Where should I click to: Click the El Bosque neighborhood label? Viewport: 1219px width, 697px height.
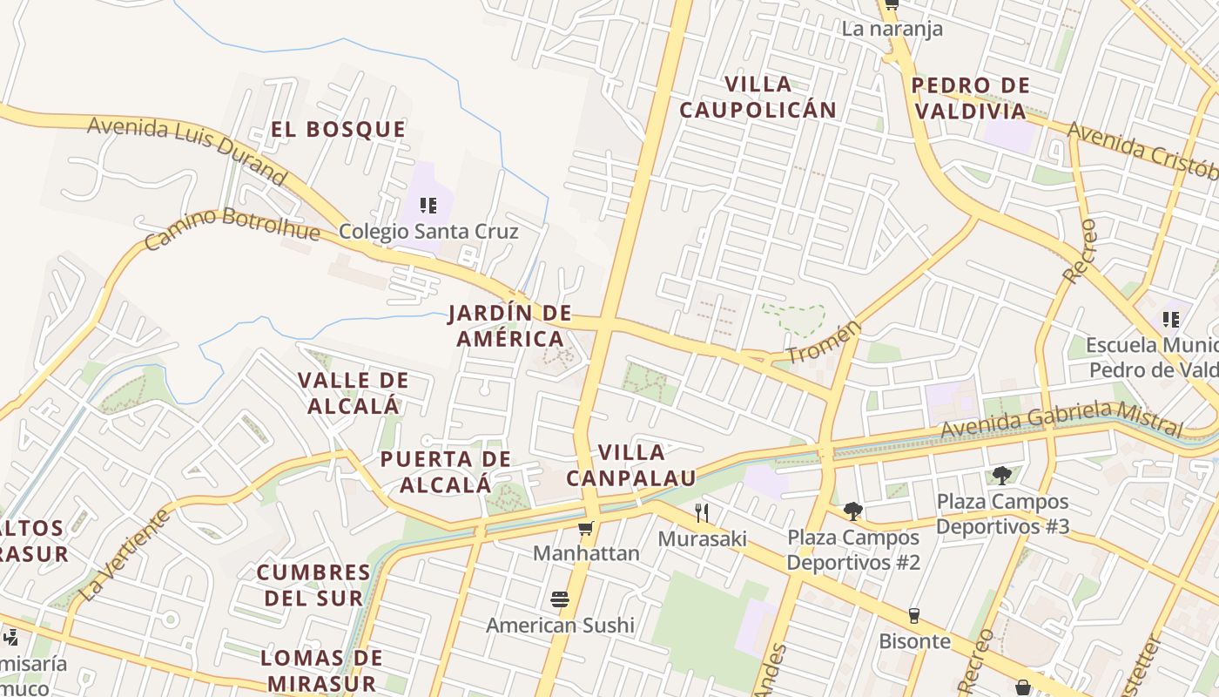coord(338,130)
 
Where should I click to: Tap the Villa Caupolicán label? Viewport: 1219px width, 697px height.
coord(758,97)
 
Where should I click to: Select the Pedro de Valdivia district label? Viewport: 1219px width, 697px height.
coord(970,98)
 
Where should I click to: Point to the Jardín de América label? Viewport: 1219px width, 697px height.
coord(510,326)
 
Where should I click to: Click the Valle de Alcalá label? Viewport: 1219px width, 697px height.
coord(353,393)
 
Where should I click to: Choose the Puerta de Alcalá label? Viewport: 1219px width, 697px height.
coord(445,471)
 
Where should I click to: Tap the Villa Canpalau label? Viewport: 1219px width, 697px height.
coord(631,465)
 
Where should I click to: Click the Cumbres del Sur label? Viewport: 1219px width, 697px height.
coord(313,585)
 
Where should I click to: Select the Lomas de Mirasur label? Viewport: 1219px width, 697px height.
coord(321,670)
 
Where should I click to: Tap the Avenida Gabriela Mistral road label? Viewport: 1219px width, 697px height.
coord(1061,419)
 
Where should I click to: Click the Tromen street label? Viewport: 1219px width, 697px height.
coord(823,342)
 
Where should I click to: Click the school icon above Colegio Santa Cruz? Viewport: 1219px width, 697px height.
coord(428,206)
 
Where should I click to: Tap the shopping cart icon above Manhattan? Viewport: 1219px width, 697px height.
coord(586,528)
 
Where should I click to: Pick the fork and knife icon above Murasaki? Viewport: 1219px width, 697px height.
coord(702,512)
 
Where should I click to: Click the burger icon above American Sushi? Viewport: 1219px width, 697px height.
coord(560,599)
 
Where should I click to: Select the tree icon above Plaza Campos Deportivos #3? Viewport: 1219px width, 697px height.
coord(1002,476)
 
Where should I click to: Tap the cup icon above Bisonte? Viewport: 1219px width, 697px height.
coord(913,615)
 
